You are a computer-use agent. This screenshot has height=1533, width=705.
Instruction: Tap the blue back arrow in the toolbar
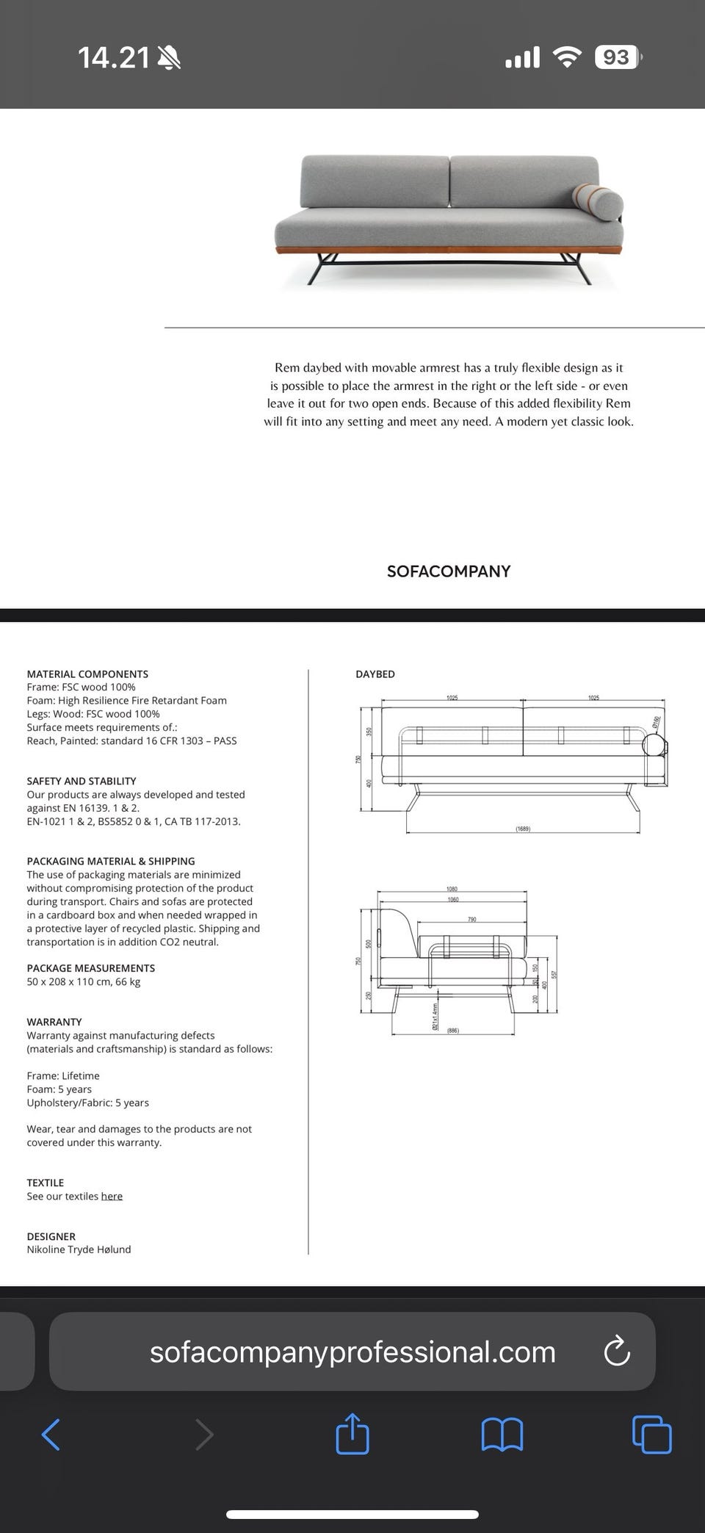point(51,1434)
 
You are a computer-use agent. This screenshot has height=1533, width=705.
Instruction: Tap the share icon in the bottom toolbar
point(352,1432)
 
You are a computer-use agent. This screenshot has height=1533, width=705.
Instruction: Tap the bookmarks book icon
point(502,1434)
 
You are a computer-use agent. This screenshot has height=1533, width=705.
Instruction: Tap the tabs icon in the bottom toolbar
point(651,1434)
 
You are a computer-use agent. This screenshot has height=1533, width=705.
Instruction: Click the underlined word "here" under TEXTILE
point(112,1196)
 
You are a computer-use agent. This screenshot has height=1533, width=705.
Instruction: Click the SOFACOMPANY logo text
point(448,571)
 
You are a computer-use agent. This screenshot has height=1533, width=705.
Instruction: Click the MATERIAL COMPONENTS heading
point(87,674)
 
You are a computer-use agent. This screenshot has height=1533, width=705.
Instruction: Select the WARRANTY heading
point(54,1022)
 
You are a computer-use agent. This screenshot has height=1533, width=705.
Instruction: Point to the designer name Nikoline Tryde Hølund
point(79,1249)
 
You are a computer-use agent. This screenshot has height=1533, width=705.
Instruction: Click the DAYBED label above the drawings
point(375,674)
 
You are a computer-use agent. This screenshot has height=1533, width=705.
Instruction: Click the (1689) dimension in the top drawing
point(523,829)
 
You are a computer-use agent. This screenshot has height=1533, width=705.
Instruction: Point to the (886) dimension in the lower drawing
point(453,1031)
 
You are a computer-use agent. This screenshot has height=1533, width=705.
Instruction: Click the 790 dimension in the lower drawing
point(472,920)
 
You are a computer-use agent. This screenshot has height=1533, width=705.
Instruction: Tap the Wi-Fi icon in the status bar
point(566,57)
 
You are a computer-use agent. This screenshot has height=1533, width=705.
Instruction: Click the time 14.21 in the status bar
point(114,57)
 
